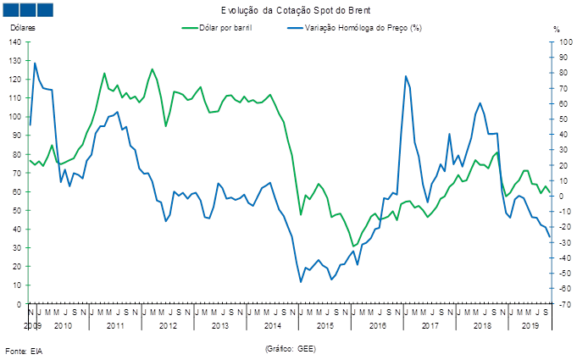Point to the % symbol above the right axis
(557, 29)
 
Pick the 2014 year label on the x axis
(273, 325)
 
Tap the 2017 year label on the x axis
(430, 325)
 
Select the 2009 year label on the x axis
(32, 325)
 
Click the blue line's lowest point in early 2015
(301, 281)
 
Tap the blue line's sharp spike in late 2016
(406, 76)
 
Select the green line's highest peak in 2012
(153, 69)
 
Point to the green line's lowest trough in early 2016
(354, 246)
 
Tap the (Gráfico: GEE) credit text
(291, 348)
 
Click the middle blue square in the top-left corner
(28, 9)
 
